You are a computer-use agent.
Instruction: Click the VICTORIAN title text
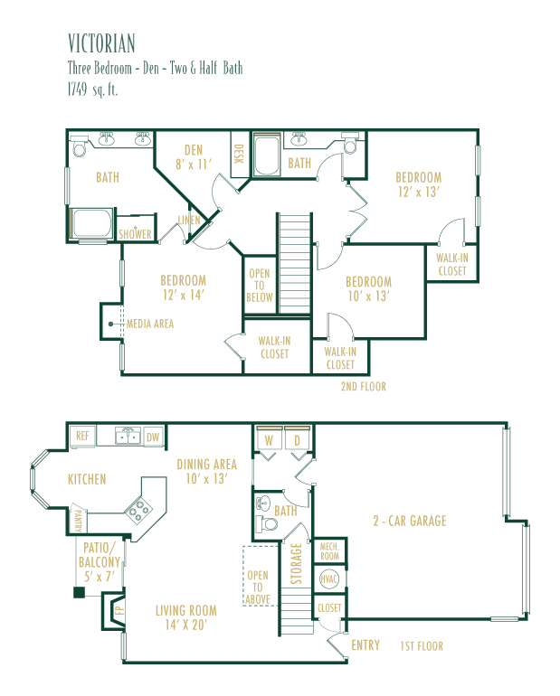point(101,43)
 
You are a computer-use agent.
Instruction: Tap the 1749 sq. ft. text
point(92,89)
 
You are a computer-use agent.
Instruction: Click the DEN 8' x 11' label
point(194,157)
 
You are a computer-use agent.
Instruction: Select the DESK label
point(239,154)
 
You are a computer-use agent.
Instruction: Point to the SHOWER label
point(135,234)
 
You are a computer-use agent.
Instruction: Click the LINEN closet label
point(189,220)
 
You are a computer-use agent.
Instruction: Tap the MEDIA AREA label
point(150,324)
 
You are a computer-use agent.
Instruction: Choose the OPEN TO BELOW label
point(260,286)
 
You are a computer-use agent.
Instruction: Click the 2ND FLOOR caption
point(364,387)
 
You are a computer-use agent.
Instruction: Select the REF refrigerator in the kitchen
point(82,436)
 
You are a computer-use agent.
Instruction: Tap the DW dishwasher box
point(153,437)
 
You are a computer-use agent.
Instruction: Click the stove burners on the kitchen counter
point(139,510)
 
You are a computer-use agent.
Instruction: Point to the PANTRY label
point(78,520)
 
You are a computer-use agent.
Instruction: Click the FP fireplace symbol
point(117,610)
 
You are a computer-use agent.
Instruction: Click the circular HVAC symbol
point(329,578)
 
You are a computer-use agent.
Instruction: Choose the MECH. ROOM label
point(329,551)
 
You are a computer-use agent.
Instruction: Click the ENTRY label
point(365,645)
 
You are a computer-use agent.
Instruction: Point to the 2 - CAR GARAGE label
point(410,521)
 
